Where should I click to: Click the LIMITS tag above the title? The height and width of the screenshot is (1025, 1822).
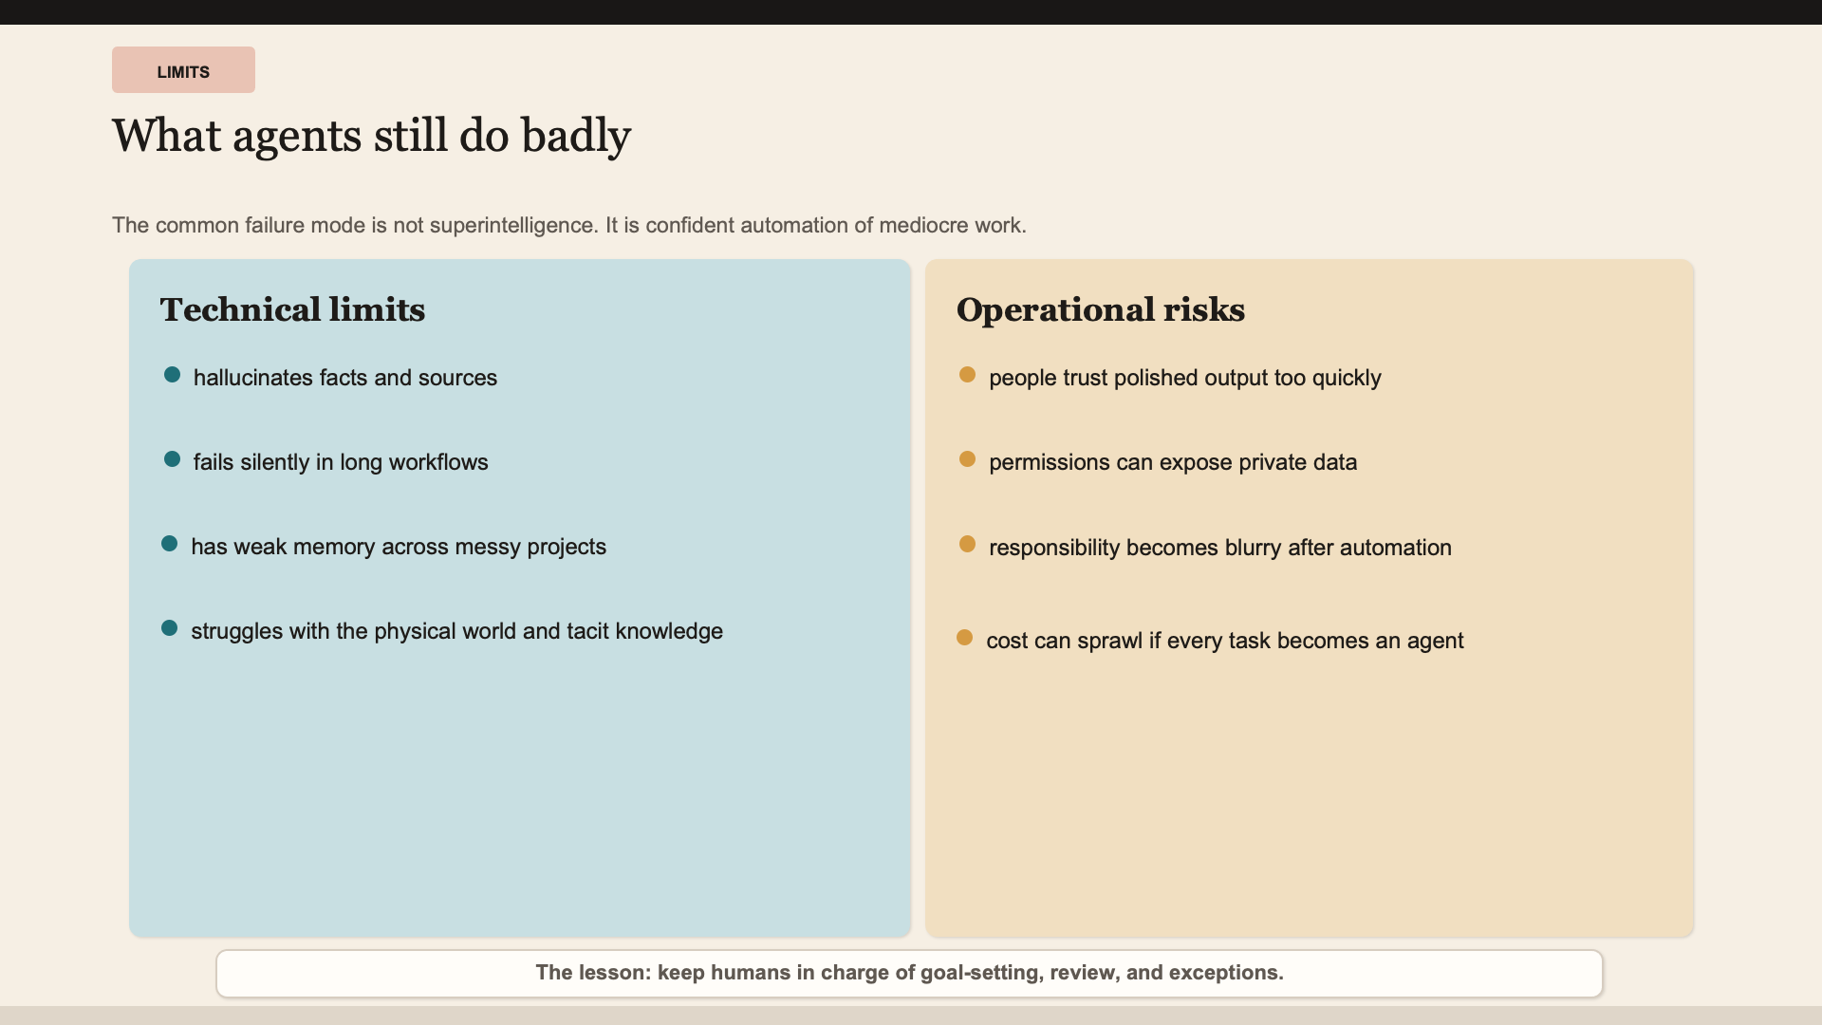tap(183, 70)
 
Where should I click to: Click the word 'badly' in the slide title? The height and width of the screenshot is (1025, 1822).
tap(576, 136)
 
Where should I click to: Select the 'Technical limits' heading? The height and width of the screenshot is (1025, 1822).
tap(292, 309)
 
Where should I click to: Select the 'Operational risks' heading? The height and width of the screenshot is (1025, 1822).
tap(1101, 309)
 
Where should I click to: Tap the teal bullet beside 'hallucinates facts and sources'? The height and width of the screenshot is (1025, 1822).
tap(172, 375)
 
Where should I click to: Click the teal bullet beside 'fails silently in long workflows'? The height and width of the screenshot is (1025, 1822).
tap(172, 459)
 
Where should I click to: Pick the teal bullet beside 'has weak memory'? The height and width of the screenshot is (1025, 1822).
tap(170, 544)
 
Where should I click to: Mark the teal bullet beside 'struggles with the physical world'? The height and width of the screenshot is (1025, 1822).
tap(170, 628)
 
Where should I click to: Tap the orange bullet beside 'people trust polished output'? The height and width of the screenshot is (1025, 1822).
tap(967, 375)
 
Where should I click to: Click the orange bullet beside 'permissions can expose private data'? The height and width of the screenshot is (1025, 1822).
tap(967, 459)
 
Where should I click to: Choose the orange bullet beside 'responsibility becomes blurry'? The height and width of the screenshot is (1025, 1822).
tap(967, 544)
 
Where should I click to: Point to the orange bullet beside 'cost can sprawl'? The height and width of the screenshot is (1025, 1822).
tap(965, 638)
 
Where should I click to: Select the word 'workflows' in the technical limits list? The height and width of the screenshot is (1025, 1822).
tap(438, 462)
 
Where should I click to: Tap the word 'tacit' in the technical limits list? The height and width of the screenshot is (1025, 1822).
tap(587, 631)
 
